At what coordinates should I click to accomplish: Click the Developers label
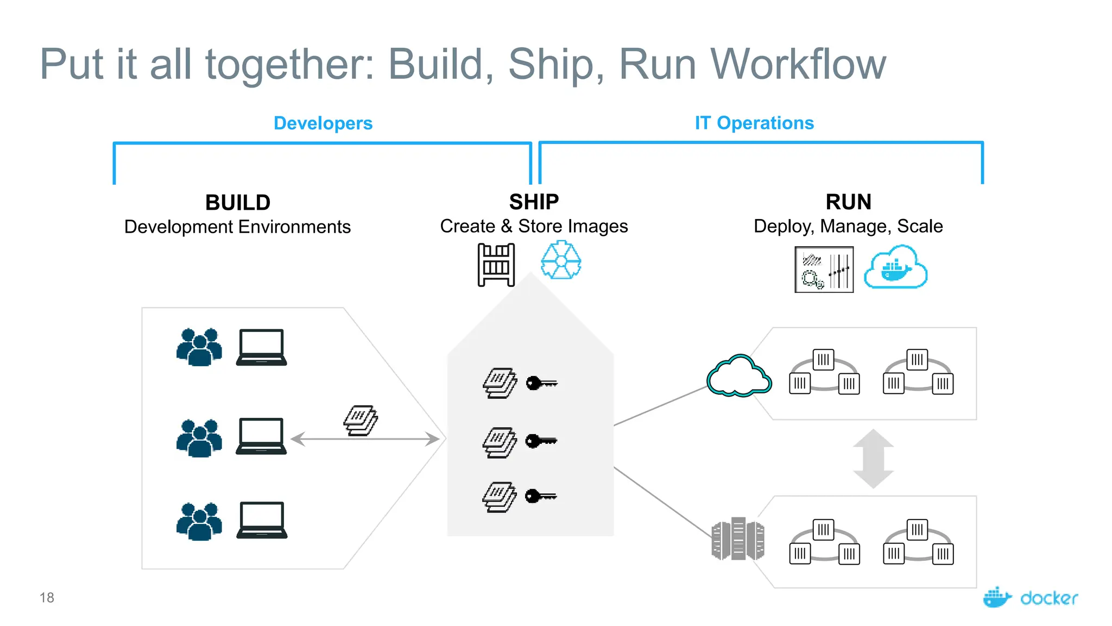(x=323, y=123)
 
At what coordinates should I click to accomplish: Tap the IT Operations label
(x=754, y=123)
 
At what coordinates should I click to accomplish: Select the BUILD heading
(x=238, y=203)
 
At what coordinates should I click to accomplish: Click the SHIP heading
(x=534, y=202)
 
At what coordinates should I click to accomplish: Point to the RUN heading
(x=848, y=202)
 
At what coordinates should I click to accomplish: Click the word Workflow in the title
(x=798, y=64)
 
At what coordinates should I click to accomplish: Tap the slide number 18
(x=47, y=598)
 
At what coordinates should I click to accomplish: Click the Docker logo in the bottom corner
(x=1030, y=597)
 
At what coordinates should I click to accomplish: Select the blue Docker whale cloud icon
(x=895, y=267)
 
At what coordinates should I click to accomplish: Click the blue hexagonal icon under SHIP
(x=561, y=261)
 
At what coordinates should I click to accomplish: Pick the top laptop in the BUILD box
(x=261, y=347)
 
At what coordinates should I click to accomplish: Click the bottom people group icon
(x=199, y=522)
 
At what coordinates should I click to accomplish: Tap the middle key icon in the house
(x=541, y=441)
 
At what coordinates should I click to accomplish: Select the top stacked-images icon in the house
(x=500, y=383)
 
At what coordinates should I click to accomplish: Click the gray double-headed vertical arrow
(x=873, y=458)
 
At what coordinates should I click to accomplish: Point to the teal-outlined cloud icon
(x=738, y=376)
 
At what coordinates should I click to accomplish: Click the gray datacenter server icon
(x=738, y=539)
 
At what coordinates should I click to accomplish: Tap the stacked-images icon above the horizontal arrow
(x=361, y=420)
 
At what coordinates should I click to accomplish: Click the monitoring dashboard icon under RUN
(x=824, y=270)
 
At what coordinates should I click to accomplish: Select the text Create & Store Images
(x=534, y=226)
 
